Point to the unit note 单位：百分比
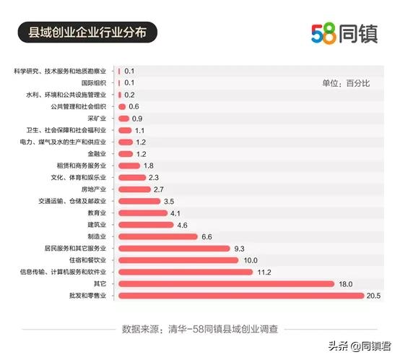(x=346, y=84)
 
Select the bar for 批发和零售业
(x=240, y=295)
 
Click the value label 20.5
(x=373, y=295)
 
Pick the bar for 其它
(x=226, y=283)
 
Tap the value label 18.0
(x=345, y=283)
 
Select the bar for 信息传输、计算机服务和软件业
(x=185, y=272)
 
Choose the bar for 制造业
(x=157, y=236)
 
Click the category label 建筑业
(x=96, y=225)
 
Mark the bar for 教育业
(x=142, y=213)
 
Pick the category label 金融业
(x=96, y=154)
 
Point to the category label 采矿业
(x=96, y=119)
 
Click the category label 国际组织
(x=93, y=83)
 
